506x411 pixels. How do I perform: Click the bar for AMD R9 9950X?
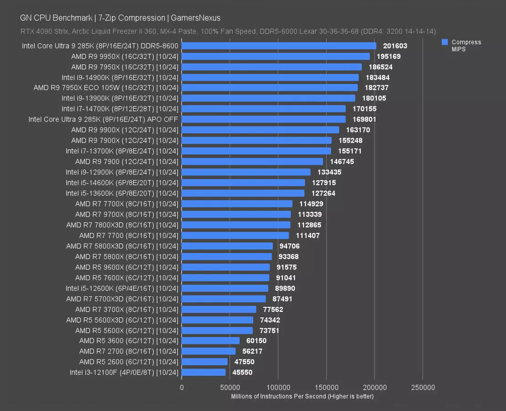point(276,56)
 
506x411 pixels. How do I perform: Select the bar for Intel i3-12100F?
point(203,372)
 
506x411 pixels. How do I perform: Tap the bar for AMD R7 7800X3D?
point(236,225)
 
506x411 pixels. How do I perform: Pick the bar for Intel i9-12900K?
point(246,172)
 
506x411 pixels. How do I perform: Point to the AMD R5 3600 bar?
point(210,341)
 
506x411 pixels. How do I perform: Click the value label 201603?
point(395,46)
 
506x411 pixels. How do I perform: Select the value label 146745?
point(342,162)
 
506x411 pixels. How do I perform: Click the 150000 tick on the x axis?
point(326,388)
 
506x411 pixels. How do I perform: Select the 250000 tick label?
point(423,388)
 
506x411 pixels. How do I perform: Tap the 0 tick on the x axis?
point(182,388)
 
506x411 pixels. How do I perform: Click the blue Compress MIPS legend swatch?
point(444,42)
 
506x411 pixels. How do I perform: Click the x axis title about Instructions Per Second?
point(302,396)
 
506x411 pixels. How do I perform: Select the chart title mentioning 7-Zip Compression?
point(120,18)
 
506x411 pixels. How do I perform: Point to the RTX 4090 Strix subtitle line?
point(228,31)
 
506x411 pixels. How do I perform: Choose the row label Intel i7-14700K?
point(120,109)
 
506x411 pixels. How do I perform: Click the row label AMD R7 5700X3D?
point(122,299)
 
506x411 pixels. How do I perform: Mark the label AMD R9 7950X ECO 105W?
point(106,88)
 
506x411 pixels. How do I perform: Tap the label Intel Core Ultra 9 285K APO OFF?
point(103,119)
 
